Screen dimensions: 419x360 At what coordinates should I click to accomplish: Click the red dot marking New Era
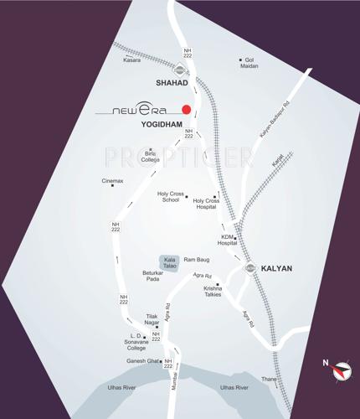coord(187,109)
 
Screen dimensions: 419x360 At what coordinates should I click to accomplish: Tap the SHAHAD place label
coord(172,84)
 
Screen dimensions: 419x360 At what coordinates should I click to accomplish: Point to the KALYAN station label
coord(276,268)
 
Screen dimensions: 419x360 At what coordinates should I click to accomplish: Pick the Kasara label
coord(132,60)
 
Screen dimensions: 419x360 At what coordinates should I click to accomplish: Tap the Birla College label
coord(152,157)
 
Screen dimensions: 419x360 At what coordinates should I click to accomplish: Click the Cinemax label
coord(112,181)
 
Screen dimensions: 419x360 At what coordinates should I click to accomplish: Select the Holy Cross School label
coord(171,197)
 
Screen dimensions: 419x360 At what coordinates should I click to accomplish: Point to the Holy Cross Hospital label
coord(206,204)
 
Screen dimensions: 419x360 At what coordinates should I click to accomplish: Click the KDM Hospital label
coord(228,240)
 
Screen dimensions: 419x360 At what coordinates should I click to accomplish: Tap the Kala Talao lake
coord(169,262)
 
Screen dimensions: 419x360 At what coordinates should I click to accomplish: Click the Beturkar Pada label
coord(152,277)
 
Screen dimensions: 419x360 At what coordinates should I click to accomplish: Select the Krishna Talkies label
coord(213,291)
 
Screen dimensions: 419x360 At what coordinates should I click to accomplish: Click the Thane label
coord(269,379)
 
